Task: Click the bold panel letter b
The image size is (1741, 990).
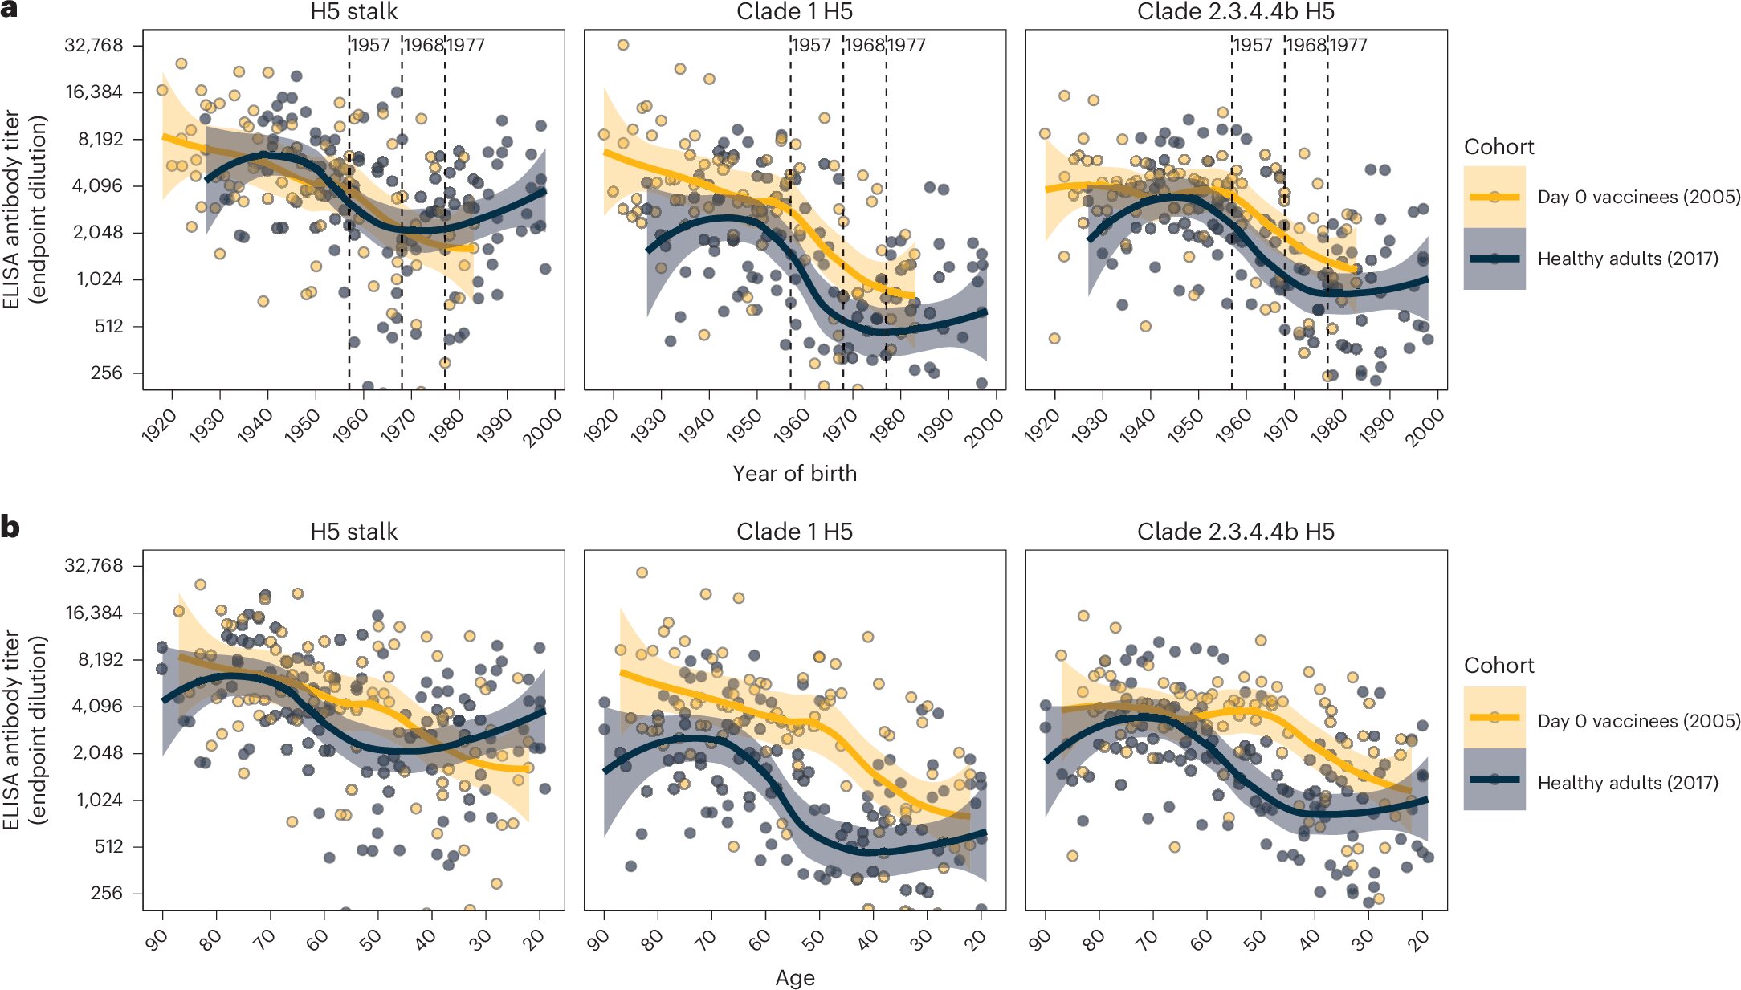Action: tap(10, 528)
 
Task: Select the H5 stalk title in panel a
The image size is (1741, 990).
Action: tap(353, 12)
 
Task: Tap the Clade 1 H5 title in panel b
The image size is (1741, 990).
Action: tap(794, 532)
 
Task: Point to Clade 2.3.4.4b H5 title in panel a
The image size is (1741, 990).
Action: tap(1235, 12)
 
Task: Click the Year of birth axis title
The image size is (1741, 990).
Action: tap(794, 474)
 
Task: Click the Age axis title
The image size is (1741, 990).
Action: tap(794, 978)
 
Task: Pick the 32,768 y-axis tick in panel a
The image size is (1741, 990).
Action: tap(94, 45)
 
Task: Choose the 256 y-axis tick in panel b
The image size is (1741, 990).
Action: tap(107, 893)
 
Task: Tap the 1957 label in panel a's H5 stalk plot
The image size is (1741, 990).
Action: tap(370, 45)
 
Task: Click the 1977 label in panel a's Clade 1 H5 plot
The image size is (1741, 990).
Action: tap(906, 45)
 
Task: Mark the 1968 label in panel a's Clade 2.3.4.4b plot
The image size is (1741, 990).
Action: tap(1305, 45)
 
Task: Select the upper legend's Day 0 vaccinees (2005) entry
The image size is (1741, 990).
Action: tap(1638, 197)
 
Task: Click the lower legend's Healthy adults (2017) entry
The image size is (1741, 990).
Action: tap(1627, 783)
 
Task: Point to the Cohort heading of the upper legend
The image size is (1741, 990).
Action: tap(1498, 147)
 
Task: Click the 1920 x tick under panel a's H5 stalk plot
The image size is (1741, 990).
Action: tap(159, 426)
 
